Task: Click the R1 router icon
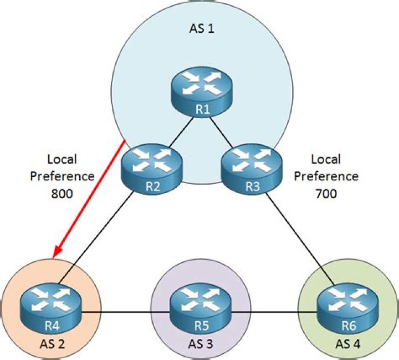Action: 202,93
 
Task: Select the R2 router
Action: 152,170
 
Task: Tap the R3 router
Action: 252,170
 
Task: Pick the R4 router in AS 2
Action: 51,310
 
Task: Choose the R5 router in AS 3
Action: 200,309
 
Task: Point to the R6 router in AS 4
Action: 348,310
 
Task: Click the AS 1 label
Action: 202,28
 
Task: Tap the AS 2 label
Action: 52,344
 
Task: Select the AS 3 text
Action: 201,344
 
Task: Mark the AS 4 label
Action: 348,344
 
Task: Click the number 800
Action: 62,194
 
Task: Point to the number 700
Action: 326,194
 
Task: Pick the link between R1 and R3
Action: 221,132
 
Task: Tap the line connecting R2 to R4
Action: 96,237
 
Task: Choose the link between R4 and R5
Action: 125,312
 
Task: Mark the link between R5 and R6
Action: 274,312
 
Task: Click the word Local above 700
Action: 326,159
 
